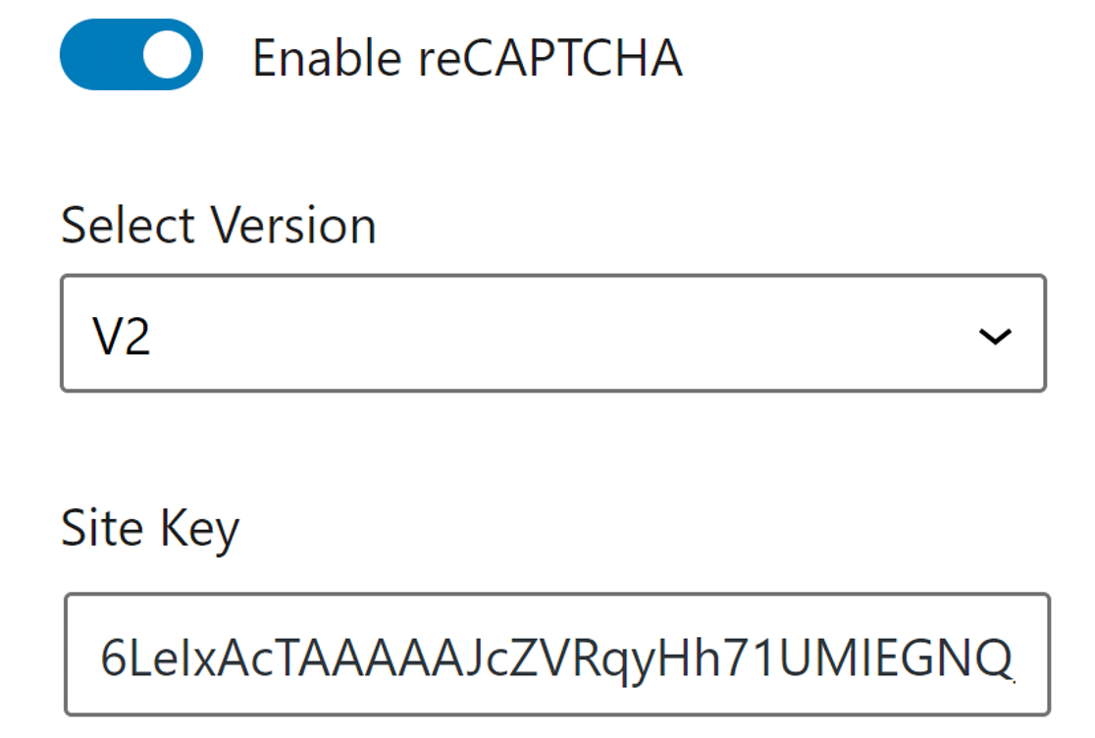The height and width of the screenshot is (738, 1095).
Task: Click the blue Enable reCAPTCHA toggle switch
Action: [131, 55]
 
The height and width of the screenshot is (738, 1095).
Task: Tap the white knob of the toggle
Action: [167, 55]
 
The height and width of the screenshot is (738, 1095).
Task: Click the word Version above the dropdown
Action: [295, 225]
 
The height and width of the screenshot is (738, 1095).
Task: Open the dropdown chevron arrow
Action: [995, 337]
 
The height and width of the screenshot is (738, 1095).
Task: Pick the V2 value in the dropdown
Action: [122, 337]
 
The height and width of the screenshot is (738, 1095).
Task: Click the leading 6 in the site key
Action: [114, 659]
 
